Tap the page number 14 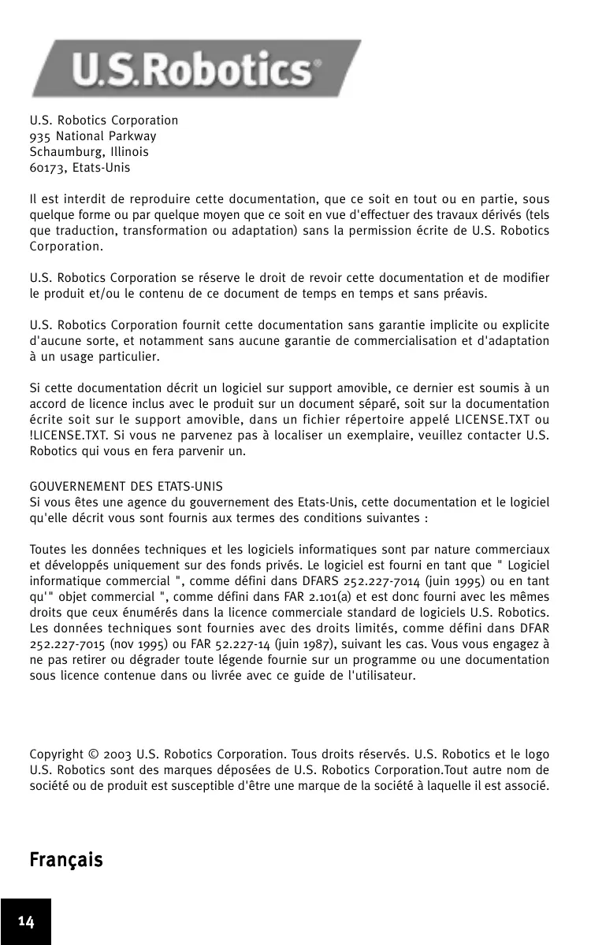click(26, 922)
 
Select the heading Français click(66, 859)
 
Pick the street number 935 click(39, 136)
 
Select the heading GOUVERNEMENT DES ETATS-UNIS click(126, 487)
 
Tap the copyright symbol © click(91, 754)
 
